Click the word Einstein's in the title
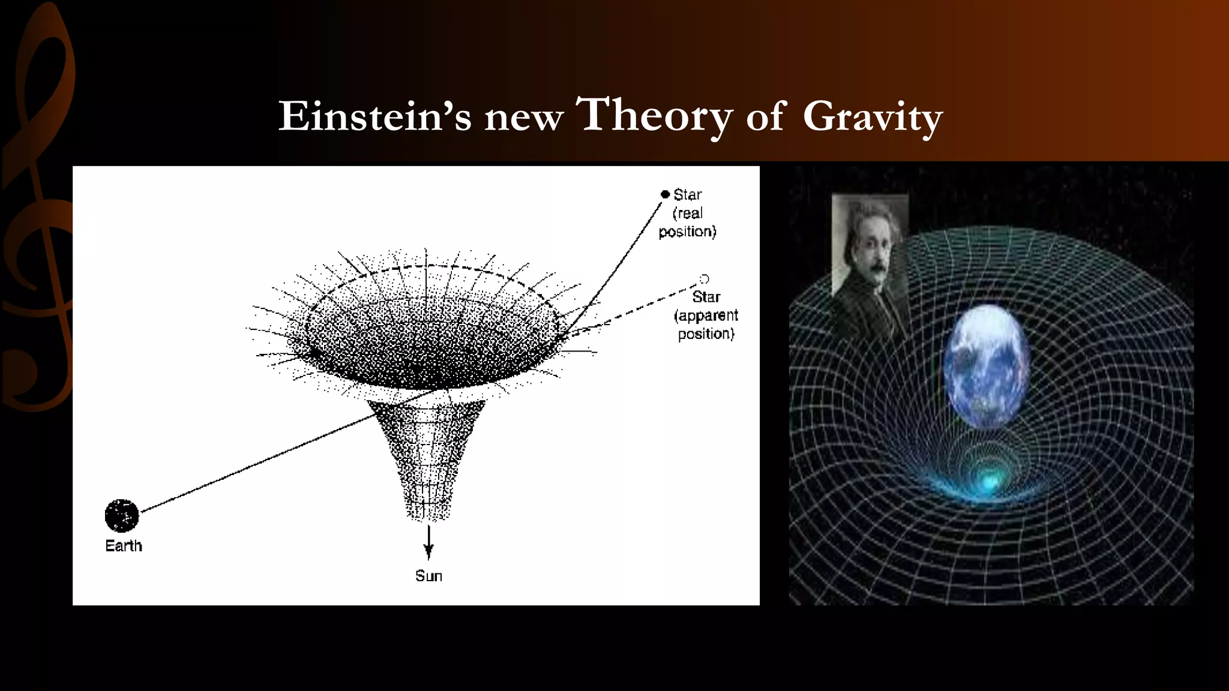tap(374, 116)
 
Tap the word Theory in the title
tap(654, 115)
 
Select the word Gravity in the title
tap(872, 117)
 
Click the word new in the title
tap(523, 118)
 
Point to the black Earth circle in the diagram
tap(122, 515)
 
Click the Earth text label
tap(124, 546)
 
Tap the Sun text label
tap(428, 576)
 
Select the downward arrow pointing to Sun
tap(428, 542)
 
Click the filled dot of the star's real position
tap(665, 194)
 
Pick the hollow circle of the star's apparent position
tap(705, 279)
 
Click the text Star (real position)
tap(688, 213)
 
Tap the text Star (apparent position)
tap(706, 316)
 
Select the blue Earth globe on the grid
tap(985, 366)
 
